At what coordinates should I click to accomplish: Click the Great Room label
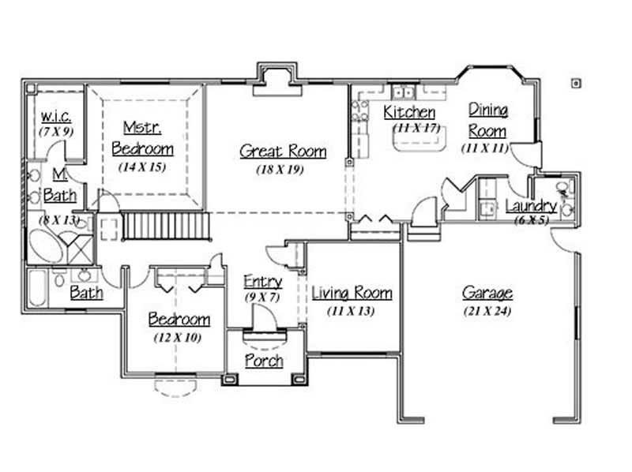click(x=283, y=151)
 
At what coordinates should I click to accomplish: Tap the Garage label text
click(x=487, y=294)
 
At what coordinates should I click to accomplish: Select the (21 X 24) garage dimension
click(x=487, y=311)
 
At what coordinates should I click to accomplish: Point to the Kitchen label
click(x=409, y=113)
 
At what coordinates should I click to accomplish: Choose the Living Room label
click(x=352, y=294)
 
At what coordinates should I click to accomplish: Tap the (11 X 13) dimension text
click(x=351, y=311)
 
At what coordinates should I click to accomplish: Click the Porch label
click(x=264, y=361)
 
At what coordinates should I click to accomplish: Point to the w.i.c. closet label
click(x=56, y=117)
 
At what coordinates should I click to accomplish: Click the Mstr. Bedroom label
click(x=142, y=137)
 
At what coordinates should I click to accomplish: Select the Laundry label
click(x=532, y=207)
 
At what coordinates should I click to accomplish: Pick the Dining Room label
click(x=487, y=119)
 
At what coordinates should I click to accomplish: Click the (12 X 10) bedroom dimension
click(x=179, y=338)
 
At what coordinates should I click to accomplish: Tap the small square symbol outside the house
click(x=575, y=81)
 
